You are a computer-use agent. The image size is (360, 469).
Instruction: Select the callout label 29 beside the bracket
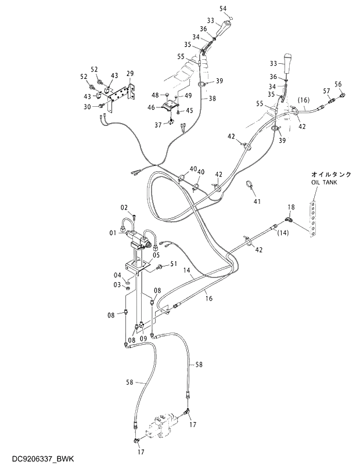point(130,74)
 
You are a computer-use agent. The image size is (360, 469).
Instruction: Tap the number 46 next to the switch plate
point(151,107)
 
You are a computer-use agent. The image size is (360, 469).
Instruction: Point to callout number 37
point(159,125)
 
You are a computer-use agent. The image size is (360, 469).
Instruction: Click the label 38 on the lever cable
point(212,99)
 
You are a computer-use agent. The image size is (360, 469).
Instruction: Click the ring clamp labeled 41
point(250,185)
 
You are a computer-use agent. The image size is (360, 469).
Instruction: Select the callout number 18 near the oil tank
point(291,207)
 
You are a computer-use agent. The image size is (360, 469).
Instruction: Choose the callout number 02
point(124,207)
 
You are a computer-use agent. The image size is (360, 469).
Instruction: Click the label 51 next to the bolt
point(173,264)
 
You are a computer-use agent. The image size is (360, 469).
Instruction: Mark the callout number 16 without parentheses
point(208,298)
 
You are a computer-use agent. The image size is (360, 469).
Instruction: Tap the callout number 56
point(338,84)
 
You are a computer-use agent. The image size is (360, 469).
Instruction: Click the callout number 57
point(326,91)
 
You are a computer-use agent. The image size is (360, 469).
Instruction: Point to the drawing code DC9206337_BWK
point(37,459)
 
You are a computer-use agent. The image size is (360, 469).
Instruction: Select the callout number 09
point(143,340)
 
